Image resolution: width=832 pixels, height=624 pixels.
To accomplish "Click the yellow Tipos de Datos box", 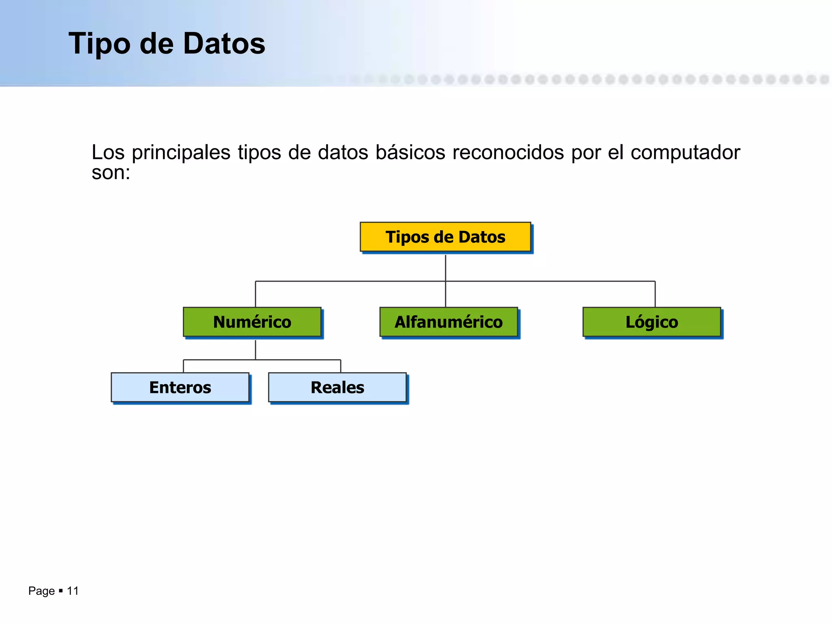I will (x=445, y=237).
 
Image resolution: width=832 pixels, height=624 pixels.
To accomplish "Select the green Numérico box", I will (x=252, y=322).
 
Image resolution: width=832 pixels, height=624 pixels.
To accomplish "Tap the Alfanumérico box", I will (x=448, y=322).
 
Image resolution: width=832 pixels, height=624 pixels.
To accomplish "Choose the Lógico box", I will (x=652, y=322).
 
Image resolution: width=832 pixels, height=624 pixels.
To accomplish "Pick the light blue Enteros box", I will (x=180, y=387).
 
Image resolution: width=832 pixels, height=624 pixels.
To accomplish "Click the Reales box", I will (x=337, y=387).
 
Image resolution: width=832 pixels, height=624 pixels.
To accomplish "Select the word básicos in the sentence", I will (x=410, y=153).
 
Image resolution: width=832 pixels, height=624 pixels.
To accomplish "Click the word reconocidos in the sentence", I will (x=508, y=153).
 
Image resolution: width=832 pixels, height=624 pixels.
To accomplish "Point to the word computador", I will (x=685, y=153).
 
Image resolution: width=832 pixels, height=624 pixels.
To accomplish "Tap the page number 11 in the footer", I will (x=73, y=591).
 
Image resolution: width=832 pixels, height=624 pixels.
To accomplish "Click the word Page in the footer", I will (x=41, y=591).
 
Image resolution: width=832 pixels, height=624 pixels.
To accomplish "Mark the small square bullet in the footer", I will (x=61, y=591).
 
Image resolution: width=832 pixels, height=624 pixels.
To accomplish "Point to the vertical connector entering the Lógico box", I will (x=655, y=294).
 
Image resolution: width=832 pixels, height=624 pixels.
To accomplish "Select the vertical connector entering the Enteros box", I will (x=184, y=366).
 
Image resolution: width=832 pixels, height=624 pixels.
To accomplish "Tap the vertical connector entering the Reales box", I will (x=340, y=366).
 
